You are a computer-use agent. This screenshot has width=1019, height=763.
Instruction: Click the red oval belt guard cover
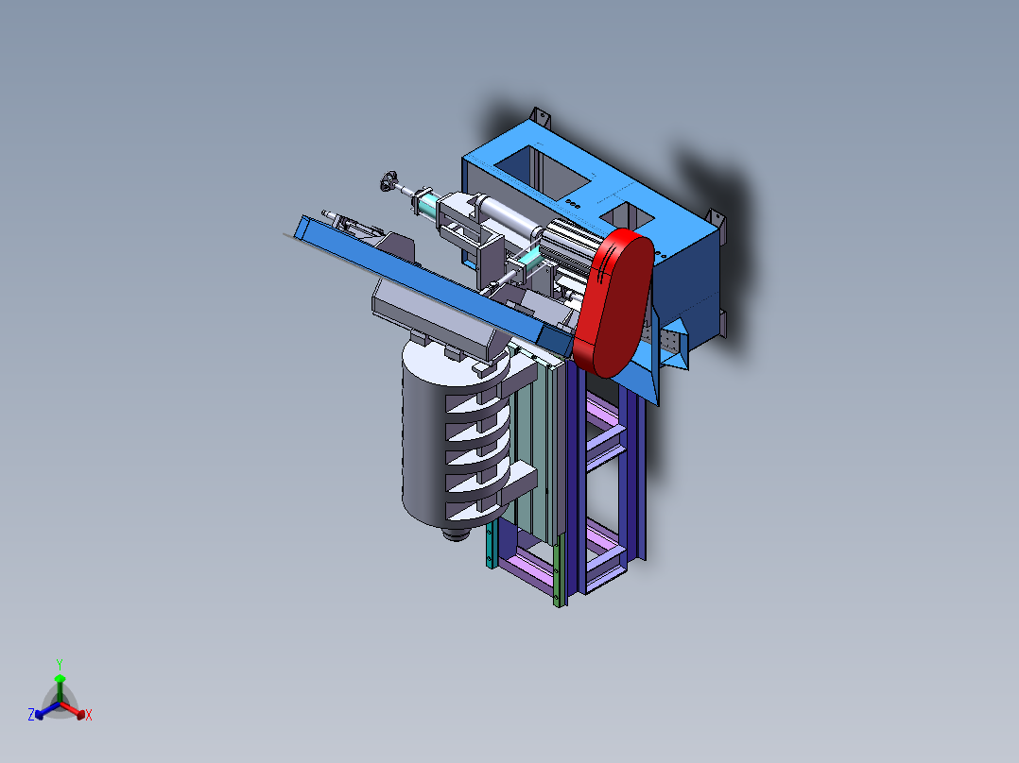[613, 302]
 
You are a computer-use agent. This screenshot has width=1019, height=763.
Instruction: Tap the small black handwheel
[389, 181]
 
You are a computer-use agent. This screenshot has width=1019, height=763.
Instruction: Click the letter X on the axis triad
[89, 715]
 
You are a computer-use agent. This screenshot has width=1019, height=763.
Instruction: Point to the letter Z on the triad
[31, 714]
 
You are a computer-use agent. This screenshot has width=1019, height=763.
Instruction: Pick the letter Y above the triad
[60, 664]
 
